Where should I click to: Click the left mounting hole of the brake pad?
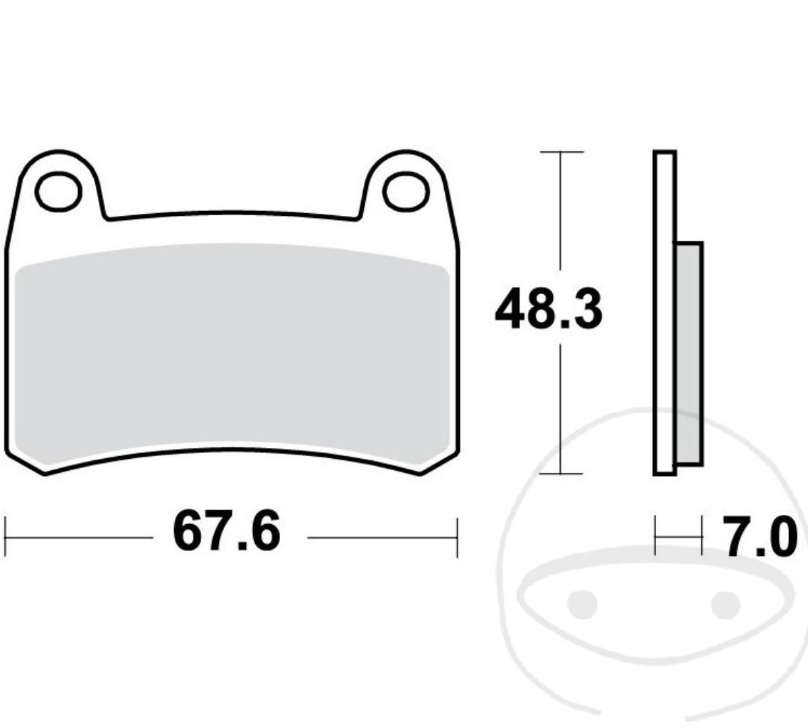pos(58,191)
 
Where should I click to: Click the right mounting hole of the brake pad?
pos(406,191)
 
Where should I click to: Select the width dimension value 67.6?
pos(227,533)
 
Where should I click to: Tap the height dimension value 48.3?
pos(548,311)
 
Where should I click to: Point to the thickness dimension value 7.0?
pos(757,538)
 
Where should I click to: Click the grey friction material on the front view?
pos(231,355)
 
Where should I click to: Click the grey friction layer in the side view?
pos(689,355)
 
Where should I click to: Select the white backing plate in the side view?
pos(664,313)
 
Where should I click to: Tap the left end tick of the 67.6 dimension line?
pos(6,537)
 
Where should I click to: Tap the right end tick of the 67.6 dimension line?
pos(457,537)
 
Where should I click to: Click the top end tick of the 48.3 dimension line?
pos(561,152)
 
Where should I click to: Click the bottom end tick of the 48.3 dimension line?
pos(561,474)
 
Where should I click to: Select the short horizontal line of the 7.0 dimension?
pos(678,537)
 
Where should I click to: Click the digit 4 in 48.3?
pos(512,311)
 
